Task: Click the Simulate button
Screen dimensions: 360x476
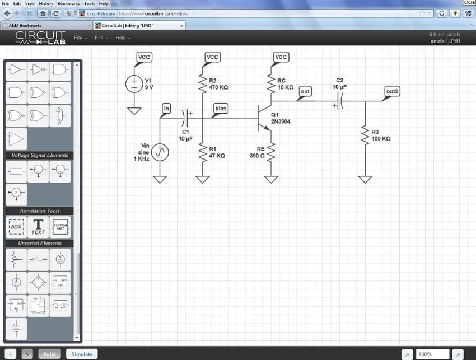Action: (82, 354)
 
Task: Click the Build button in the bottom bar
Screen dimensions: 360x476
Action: (49, 354)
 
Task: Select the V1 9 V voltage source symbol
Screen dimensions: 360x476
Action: (134, 84)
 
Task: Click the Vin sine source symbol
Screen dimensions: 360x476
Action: (160, 152)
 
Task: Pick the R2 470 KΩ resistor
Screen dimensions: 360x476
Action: (203, 85)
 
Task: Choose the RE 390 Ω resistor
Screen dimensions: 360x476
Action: (271, 152)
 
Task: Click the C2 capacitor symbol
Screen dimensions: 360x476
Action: (339, 101)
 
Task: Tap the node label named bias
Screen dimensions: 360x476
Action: (221, 107)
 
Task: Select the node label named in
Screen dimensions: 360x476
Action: (166, 107)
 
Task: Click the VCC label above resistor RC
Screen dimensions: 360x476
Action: (281, 57)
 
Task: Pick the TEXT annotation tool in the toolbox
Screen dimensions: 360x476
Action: (38, 227)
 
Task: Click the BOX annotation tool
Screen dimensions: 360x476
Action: (16, 227)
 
